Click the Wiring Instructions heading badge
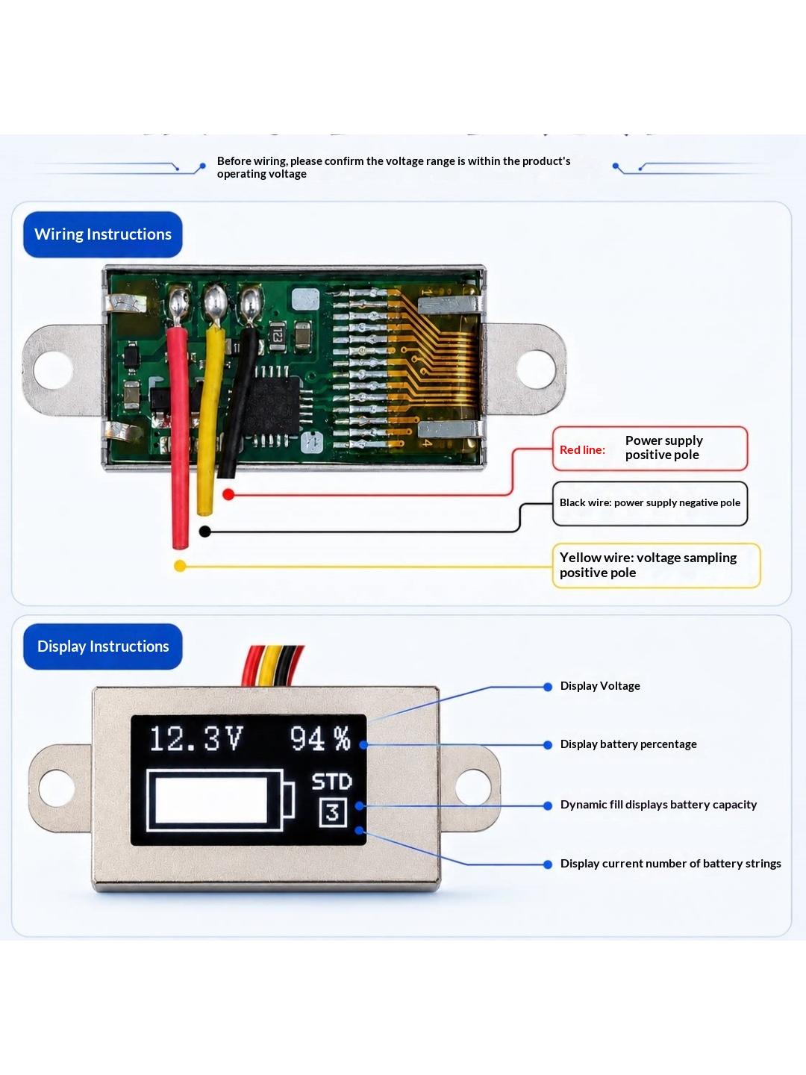103,234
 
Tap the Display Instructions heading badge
103,646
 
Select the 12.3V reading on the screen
196,738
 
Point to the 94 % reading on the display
321,738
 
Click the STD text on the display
332,782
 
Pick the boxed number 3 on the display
333,812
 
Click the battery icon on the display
220,800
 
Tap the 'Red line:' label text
582,449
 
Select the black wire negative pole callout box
650,503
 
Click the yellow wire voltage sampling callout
656,565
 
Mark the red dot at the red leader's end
228,494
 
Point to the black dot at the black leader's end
205,532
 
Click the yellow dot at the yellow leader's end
180,566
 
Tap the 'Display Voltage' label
600,685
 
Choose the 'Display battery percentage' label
628,744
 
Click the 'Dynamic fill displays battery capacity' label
658,804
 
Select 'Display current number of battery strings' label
670,863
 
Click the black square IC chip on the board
271,405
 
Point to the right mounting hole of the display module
473,787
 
